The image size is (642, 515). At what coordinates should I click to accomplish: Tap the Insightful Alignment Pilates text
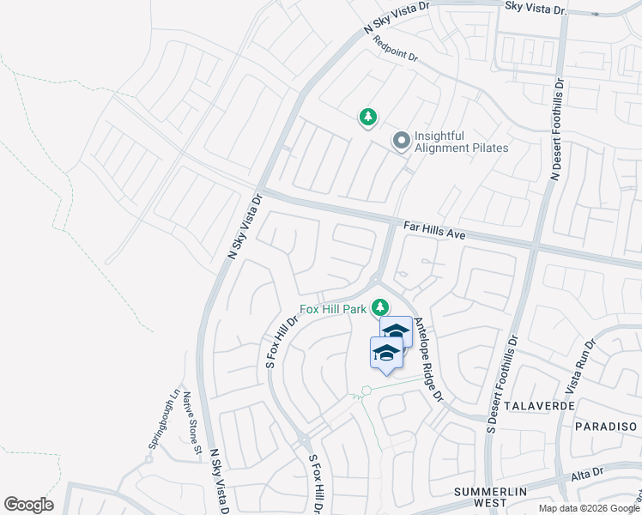pyautogui.click(x=462, y=142)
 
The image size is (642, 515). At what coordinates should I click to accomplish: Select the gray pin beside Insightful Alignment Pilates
pyautogui.click(x=401, y=141)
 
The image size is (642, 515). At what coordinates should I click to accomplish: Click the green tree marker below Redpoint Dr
pyautogui.click(x=367, y=117)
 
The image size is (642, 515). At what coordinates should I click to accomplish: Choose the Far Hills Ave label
pyautogui.click(x=433, y=229)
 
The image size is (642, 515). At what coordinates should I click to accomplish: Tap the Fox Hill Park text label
pyautogui.click(x=332, y=309)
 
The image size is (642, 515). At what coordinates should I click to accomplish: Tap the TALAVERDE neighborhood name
pyautogui.click(x=538, y=404)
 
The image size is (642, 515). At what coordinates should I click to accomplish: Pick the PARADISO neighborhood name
pyautogui.click(x=606, y=427)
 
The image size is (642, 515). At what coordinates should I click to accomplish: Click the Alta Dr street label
pyautogui.click(x=588, y=476)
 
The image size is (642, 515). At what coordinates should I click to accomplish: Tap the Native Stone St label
pyautogui.click(x=193, y=424)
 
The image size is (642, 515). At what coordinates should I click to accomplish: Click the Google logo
pyautogui.click(x=28, y=505)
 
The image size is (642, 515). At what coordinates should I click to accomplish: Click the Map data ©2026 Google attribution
pyautogui.click(x=588, y=508)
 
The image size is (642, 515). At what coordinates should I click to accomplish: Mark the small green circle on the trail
pyautogui.click(x=366, y=391)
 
